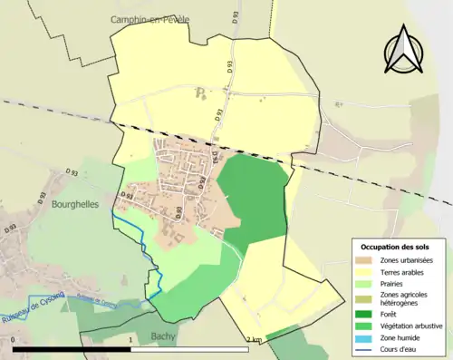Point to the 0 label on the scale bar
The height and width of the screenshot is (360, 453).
[x=14, y=340]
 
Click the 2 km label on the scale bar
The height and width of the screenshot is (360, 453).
[x=254, y=340]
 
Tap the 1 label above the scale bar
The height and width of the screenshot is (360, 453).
[x=132, y=340]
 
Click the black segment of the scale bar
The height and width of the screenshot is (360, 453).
[x=72, y=349]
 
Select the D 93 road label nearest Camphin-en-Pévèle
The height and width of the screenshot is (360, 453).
[x=205, y=65]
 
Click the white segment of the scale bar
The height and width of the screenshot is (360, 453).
[x=192, y=349]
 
